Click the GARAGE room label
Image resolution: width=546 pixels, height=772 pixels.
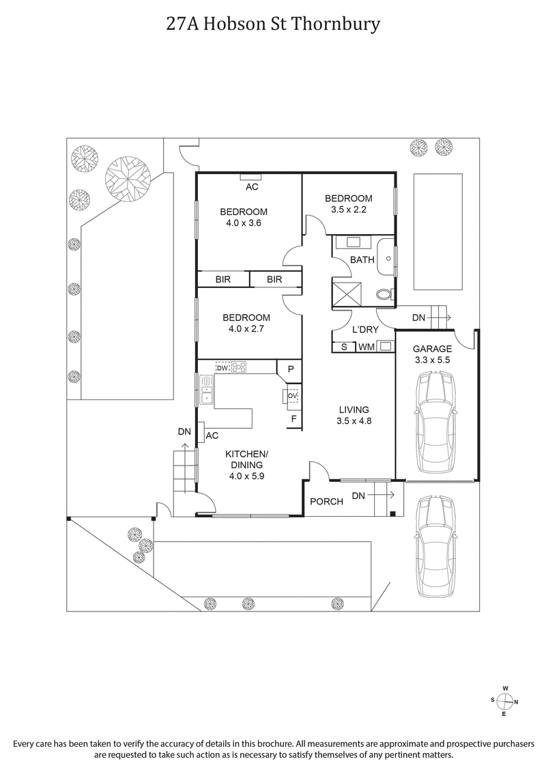coord(433,348)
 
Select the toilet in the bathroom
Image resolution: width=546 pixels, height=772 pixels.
coord(385,295)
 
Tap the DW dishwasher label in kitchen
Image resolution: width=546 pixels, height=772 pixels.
coord(222,367)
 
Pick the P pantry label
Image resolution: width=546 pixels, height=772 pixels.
coord(290,369)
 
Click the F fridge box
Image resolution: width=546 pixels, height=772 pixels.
coord(293,419)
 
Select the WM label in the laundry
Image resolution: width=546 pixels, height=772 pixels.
coord(366,347)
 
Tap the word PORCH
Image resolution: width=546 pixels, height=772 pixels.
coord(326,502)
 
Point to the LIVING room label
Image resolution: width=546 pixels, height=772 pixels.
coord(354,410)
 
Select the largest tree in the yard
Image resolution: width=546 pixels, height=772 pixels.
coord(127,178)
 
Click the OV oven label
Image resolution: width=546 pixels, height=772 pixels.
coord(292,395)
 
